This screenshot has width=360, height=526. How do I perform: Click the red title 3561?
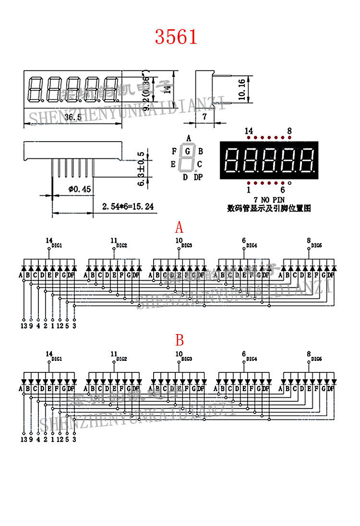pos(176,36)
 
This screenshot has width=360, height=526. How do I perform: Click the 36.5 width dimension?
pos(72,117)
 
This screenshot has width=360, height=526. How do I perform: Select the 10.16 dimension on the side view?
pos(242,89)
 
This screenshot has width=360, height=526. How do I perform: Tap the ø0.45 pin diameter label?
pos(79,189)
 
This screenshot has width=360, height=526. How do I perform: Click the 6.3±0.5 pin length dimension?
pos(142,169)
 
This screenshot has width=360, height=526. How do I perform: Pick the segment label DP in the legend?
pos(198,178)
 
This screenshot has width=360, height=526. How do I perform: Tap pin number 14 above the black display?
pos(249,131)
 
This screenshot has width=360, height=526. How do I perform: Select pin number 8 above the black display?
pos(289,131)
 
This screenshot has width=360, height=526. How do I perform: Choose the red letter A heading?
pos(179,227)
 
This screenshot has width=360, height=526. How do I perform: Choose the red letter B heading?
pos(180,340)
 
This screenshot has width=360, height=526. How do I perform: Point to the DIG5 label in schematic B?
pos(316,359)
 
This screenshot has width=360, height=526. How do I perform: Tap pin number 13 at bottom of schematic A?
pos(24,325)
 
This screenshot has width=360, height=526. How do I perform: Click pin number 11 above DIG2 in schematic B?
pos(114,354)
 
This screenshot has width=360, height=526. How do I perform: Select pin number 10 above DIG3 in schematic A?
pos(179,240)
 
